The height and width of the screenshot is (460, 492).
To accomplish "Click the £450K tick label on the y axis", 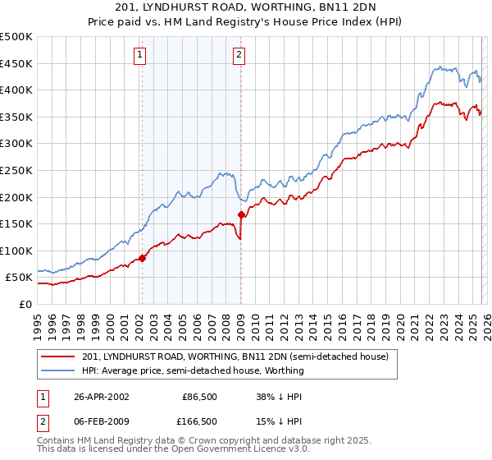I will pyautogui.click(x=16, y=63).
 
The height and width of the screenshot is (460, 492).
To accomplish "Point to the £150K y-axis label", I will pyautogui.click(x=16, y=223).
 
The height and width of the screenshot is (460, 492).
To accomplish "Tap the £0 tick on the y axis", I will pyautogui.click(x=25, y=304).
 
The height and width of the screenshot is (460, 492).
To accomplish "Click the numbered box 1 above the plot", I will pyautogui.click(x=140, y=55).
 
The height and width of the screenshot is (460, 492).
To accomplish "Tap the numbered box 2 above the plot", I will pyautogui.click(x=239, y=55).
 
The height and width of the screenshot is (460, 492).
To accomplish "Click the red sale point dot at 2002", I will pyautogui.click(x=142, y=258).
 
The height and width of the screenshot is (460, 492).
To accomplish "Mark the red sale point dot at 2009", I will pyautogui.click(x=241, y=215).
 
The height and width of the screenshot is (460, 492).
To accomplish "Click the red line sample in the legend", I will pyautogui.click(x=58, y=356).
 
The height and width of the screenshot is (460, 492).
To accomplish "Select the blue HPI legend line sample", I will pyautogui.click(x=58, y=370).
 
